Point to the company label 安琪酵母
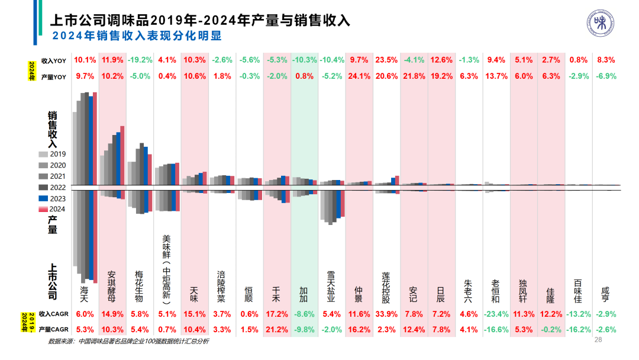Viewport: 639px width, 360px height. click(x=112, y=287)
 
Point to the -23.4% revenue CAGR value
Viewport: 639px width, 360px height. click(x=495, y=314)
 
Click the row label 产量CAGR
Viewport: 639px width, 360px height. click(x=53, y=329)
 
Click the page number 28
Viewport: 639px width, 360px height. click(x=597, y=340)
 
